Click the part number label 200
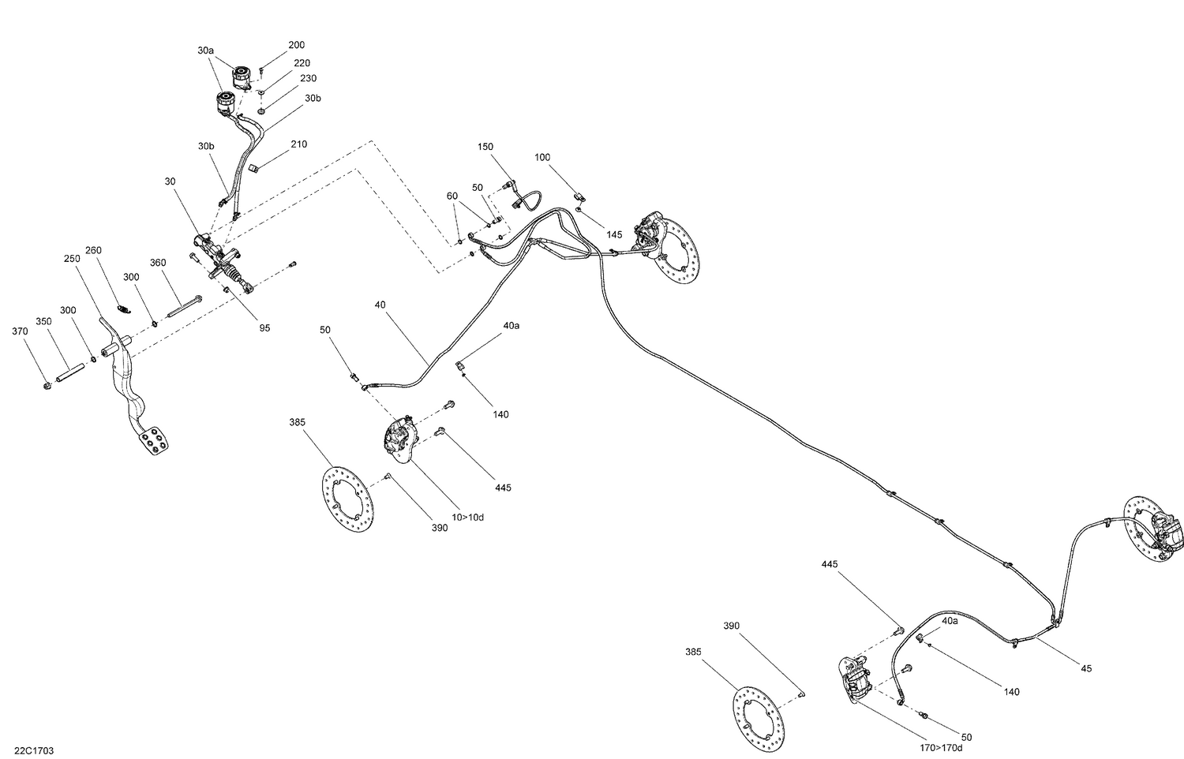pos(296,45)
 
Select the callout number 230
pos(308,78)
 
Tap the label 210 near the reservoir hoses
pos(298,144)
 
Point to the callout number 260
pos(94,250)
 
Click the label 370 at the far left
pos(20,331)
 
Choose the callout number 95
pos(264,327)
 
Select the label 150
pos(485,147)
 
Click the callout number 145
pos(614,234)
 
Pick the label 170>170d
pos(946,747)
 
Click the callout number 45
pos(1086,668)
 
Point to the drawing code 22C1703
pos(34,751)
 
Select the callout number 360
pos(159,263)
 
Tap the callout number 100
pos(542,157)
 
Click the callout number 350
pos(43,321)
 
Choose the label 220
pos(302,62)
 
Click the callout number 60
pos(451,196)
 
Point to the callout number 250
pos(72,258)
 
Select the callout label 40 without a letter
pos(380,304)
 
